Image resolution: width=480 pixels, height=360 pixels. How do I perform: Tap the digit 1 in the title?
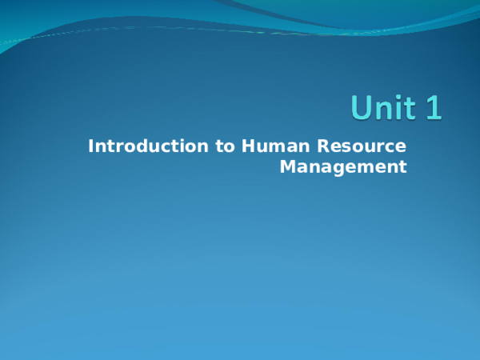pos(433,108)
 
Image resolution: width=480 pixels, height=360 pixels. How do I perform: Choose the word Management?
pos(344,167)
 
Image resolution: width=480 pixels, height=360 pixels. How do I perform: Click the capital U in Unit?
pos(362,108)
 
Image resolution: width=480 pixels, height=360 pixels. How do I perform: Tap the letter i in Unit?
pos(400,107)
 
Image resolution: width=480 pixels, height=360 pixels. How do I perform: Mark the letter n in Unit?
pos(384,110)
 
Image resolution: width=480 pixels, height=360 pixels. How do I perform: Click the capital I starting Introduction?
pos(91,146)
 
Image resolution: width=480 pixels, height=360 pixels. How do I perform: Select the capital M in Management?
pos(287,167)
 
